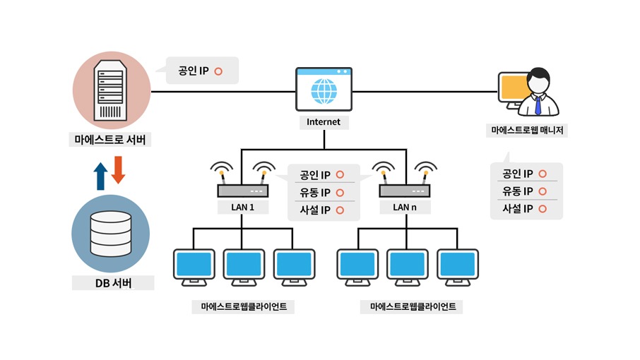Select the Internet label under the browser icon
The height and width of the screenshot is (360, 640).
(x=324, y=122)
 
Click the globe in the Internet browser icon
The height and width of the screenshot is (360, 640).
(x=324, y=91)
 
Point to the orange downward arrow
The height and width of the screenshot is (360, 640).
(x=118, y=169)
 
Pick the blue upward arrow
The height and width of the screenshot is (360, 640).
(x=100, y=176)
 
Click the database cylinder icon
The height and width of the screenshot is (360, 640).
(x=111, y=233)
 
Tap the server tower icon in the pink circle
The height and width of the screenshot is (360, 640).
(x=112, y=90)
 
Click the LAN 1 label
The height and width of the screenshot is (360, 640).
(x=242, y=207)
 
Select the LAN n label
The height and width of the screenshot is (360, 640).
(x=405, y=207)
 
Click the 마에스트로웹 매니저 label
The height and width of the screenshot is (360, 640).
(x=531, y=131)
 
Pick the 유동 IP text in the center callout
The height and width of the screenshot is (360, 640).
(x=315, y=192)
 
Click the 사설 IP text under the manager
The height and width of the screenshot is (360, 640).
(x=517, y=209)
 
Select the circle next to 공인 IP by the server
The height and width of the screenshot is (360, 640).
(x=218, y=71)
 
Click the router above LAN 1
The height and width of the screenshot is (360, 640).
(x=242, y=191)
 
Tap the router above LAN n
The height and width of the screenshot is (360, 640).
(x=405, y=191)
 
